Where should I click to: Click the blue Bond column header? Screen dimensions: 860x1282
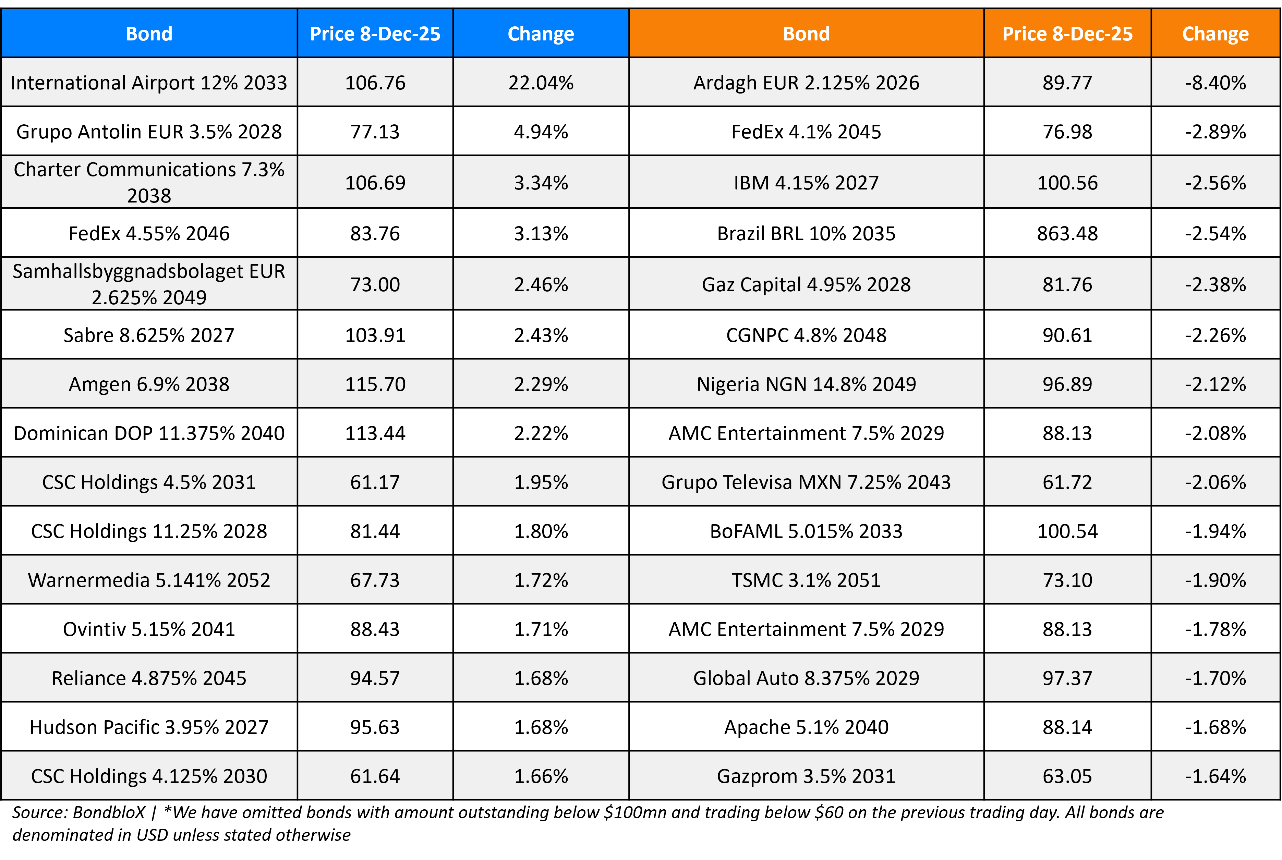tap(149, 34)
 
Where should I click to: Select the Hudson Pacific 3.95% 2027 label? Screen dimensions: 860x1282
tap(149, 727)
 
